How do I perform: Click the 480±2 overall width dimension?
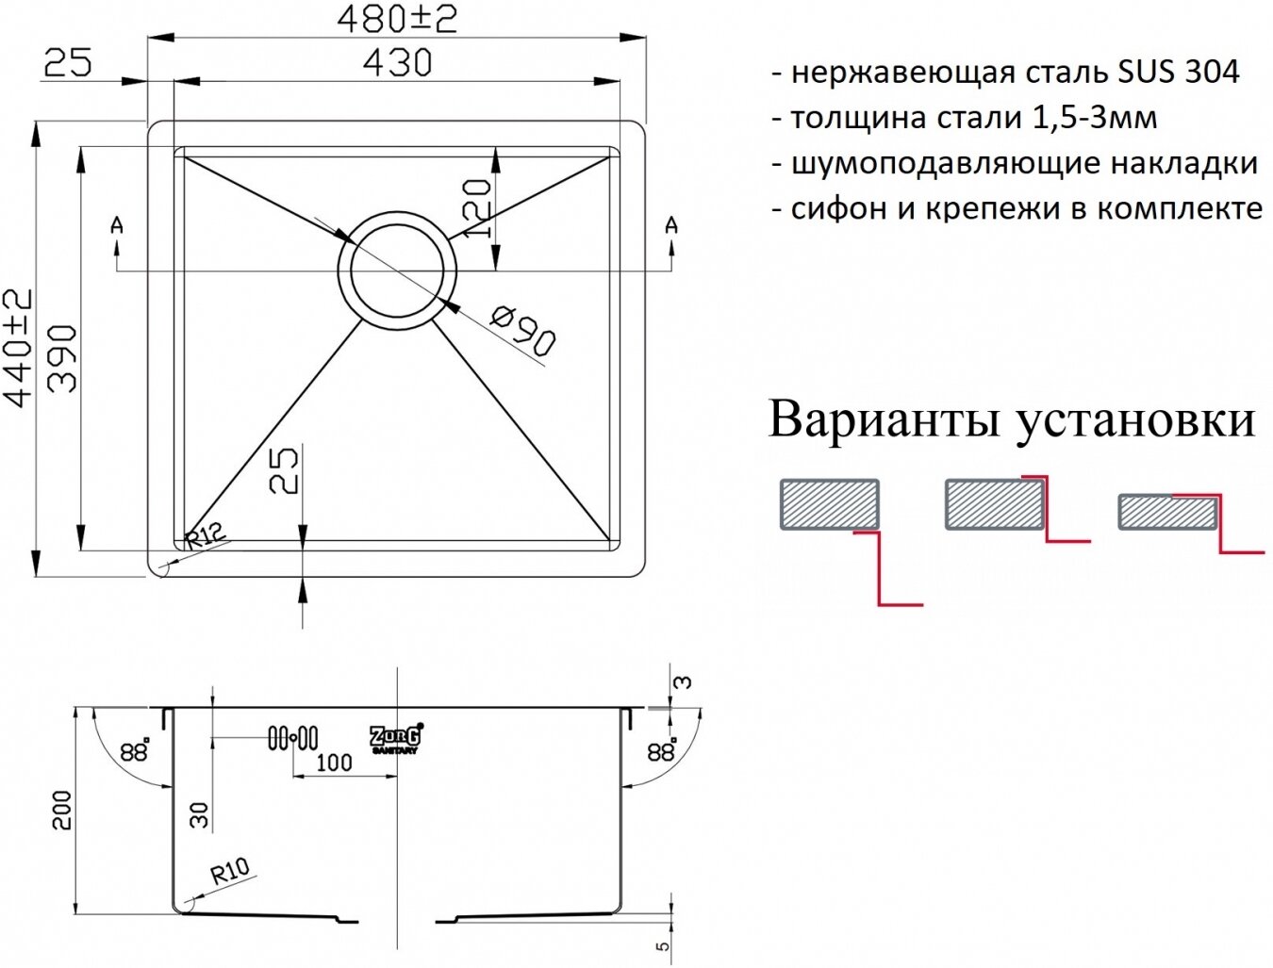click(397, 18)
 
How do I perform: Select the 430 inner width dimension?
click(397, 63)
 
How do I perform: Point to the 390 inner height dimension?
click(62, 358)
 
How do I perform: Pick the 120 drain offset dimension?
click(479, 207)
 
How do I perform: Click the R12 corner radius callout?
click(207, 538)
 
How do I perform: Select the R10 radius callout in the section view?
click(229, 870)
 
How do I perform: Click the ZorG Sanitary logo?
click(395, 738)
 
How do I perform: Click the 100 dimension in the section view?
click(333, 762)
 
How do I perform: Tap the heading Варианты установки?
click(1012, 419)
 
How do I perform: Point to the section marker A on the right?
click(670, 225)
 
